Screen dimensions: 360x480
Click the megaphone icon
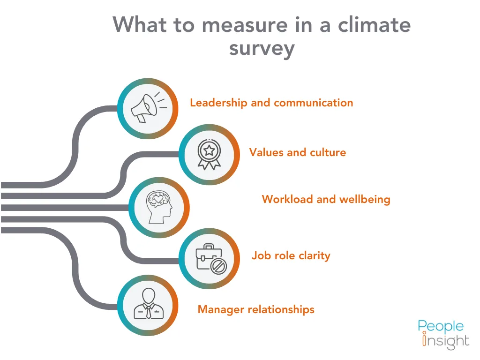click(147, 108)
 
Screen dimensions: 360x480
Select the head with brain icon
click(160, 208)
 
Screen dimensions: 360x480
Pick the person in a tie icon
click(148, 305)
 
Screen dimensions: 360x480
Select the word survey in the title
click(262, 48)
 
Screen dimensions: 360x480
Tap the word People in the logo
click(441, 326)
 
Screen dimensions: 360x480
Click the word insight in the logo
click(446, 341)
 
